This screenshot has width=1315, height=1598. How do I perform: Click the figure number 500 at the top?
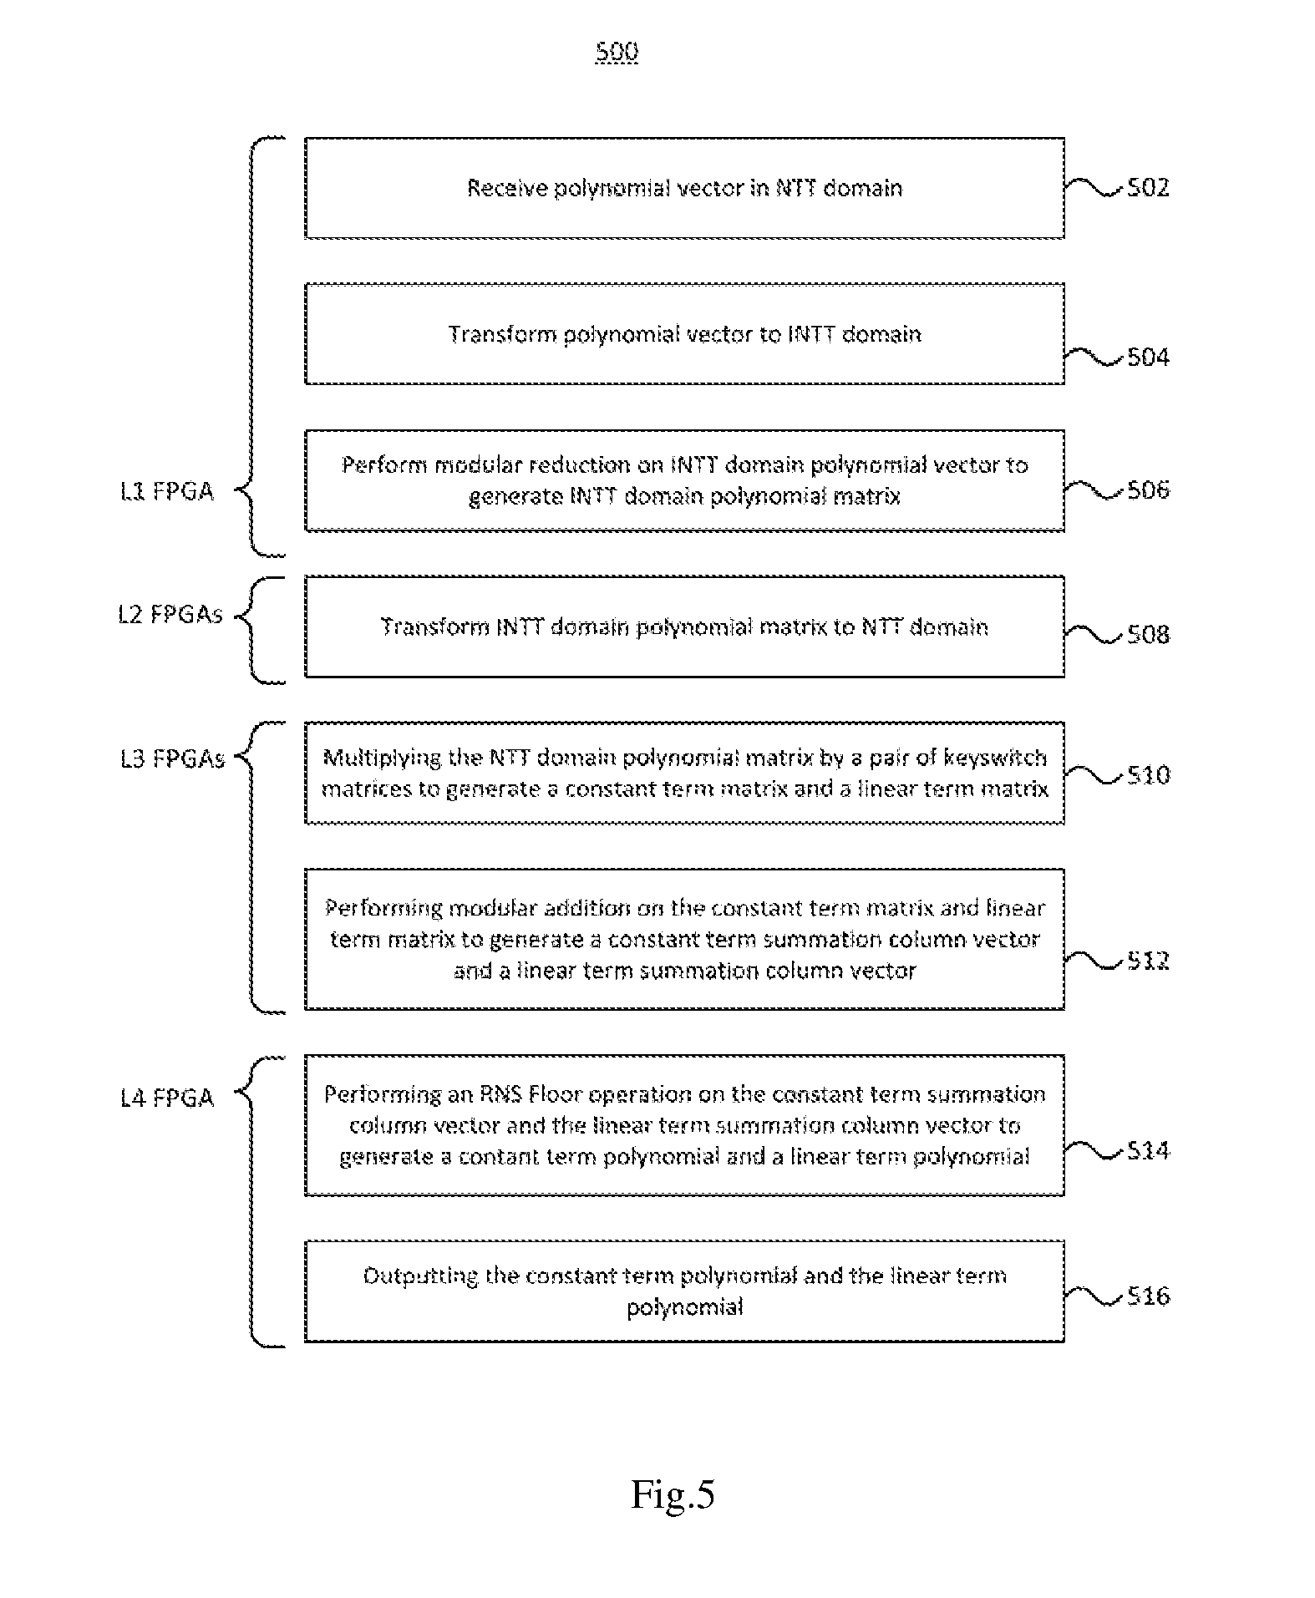pyautogui.click(x=617, y=52)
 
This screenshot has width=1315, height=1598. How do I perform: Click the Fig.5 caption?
pyautogui.click(x=673, y=1494)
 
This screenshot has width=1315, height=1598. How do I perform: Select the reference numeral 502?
pyautogui.click(x=1148, y=187)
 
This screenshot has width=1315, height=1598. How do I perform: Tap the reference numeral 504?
pyautogui.click(x=1148, y=358)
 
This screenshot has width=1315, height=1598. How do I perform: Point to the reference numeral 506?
pyautogui.click(x=1148, y=490)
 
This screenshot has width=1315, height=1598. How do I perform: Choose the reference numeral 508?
pyautogui.click(x=1148, y=635)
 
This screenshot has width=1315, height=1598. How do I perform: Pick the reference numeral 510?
pyautogui.click(x=1148, y=775)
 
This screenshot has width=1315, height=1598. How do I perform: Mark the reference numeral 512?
pyautogui.click(x=1148, y=961)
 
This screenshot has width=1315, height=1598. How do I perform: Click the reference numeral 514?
pyautogui.click(x=1148, y=1151)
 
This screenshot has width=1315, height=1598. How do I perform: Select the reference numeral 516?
pyautogui.click(x=1148, y=1296)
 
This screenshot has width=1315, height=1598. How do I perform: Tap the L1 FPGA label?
pyautogui.click(x=167, y=491)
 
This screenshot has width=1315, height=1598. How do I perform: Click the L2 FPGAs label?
pyautogui.click(x=170, y=615)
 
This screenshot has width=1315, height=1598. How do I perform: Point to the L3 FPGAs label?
pyautogui.click(x=172, y=758)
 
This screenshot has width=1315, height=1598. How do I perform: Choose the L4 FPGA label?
pyautogui.click(x=167, y=1098)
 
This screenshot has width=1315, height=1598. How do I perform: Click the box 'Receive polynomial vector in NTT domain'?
pyautogui.click(x=684, y=188)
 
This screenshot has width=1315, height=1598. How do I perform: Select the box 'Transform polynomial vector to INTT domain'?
pyautogui.click(x=684, y=334)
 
